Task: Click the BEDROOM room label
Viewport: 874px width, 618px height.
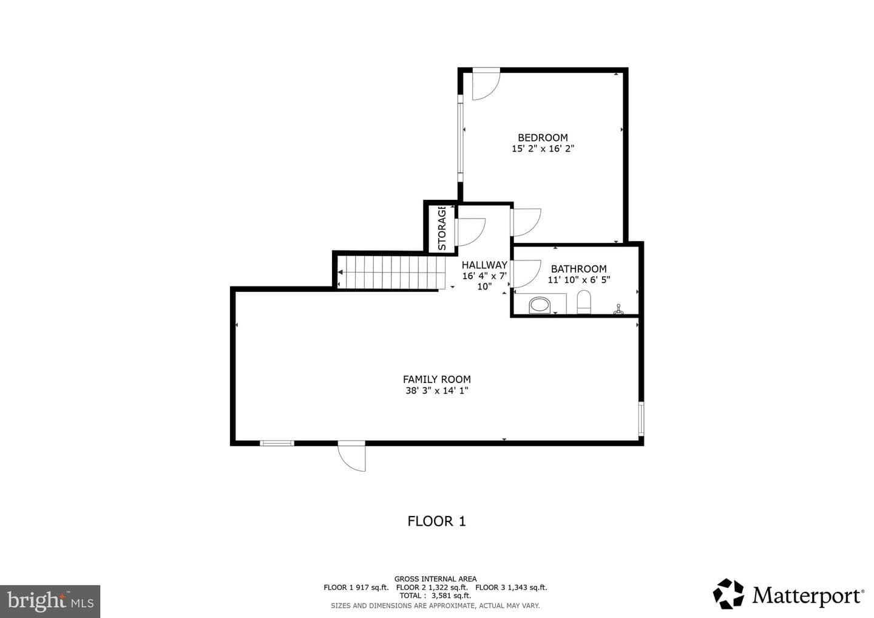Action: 543,137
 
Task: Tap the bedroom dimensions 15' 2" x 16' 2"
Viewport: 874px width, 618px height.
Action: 543,149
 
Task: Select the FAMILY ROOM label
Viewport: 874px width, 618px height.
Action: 436,379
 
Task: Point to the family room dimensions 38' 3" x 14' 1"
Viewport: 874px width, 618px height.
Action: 436,390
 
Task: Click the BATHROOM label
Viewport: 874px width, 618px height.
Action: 578,269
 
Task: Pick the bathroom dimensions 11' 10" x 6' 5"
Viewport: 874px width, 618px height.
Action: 578,280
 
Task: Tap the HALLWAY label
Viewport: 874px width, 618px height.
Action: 484,265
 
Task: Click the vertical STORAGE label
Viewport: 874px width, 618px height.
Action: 442,228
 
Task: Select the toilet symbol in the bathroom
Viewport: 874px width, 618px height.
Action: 584,302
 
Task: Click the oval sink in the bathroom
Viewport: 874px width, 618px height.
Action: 540,305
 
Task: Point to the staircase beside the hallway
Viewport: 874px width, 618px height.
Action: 391,273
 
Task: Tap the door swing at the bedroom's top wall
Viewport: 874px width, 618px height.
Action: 486,84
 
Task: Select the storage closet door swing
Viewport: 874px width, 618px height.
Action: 471,232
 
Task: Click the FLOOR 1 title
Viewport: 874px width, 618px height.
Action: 436,521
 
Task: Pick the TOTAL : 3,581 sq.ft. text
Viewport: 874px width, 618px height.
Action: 435,596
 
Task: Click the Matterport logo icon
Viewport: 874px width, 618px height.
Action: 728,594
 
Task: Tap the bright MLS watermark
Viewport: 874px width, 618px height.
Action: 50,601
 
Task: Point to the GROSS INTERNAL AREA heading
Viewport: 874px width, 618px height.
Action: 435,579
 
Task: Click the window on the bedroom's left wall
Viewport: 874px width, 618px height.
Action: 461,138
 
